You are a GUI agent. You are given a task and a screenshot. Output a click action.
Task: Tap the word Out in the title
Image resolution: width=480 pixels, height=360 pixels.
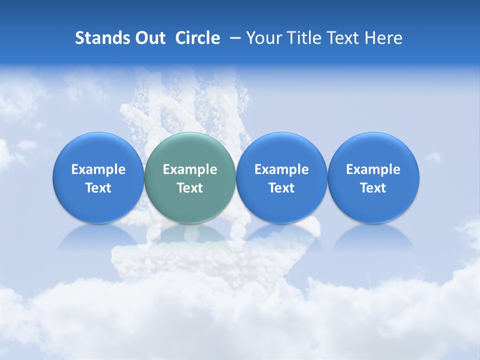point(149,38)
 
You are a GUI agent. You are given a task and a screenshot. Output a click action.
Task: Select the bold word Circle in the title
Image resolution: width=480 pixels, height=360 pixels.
point(197,38)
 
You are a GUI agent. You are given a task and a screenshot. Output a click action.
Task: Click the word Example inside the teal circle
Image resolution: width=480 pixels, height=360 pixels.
point(190,169)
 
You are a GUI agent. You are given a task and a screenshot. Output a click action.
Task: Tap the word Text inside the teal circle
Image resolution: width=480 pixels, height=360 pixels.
point(190,188)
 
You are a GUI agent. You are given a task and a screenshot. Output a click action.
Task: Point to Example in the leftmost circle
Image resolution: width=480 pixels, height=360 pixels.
point(98,169)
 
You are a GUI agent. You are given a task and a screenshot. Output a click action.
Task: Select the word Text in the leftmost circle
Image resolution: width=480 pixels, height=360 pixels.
point(98,188)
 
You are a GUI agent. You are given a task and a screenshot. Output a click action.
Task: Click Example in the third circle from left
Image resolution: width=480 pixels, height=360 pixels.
point(281,169)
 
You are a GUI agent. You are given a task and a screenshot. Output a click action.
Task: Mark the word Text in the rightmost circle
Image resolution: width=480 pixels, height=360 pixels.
point(373,188)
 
